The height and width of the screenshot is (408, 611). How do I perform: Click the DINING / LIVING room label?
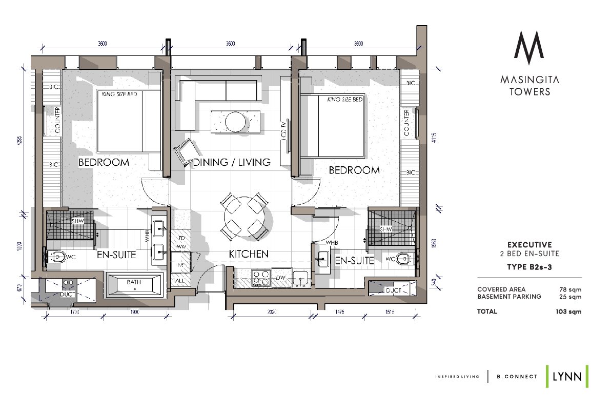(x=231, y=162)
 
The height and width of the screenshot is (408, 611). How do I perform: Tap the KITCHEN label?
(x=249, y=254)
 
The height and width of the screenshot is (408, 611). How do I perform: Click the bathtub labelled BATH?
(x=134, y=283)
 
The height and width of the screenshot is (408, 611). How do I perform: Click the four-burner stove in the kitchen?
(x=260, y=278)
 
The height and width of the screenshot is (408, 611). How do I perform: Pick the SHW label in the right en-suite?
(x=385, y=229)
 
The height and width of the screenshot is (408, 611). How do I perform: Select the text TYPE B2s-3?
(x=529, y=266)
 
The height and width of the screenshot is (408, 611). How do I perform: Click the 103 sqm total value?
(x=569, y=312)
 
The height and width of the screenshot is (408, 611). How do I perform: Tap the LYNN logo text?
(x=566, y=376)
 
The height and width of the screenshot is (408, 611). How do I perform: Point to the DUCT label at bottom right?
(x=394, y=290)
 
